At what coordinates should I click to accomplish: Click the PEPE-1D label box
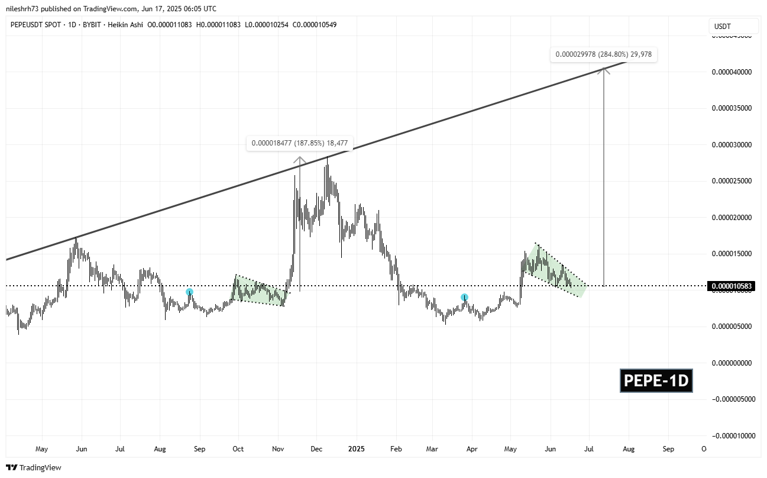click(656, 381)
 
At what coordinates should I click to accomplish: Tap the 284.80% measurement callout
click(603, 54)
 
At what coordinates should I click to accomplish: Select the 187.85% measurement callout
click(299, 143)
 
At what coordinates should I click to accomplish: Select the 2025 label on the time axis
click(356, 449)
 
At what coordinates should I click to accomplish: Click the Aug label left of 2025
click(160, 449)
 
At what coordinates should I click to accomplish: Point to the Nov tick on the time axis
click(277, 449)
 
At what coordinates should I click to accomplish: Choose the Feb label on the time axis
click(396, 449)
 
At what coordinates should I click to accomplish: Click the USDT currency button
click(733, 26)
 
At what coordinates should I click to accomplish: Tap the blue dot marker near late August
click(189, 292)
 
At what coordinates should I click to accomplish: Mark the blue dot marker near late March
click(465, 297)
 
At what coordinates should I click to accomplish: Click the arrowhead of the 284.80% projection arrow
click(603, 70)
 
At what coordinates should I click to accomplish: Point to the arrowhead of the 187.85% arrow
click(300, 159)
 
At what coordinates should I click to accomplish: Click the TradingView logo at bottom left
click(35, 467)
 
